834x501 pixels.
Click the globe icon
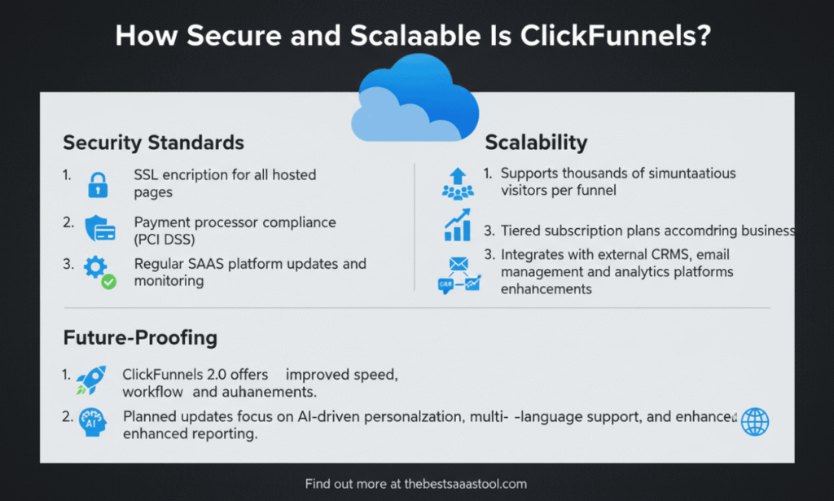tap(755, 422)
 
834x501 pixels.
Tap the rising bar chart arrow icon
tap(457, 225)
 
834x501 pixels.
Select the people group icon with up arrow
tap(457, 183)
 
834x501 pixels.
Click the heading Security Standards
tap(153, 143)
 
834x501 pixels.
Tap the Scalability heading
tap(536, 143)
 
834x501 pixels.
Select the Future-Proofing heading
tap(141, 337)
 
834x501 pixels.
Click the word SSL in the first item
tap(147, 175)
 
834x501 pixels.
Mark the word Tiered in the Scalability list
tap(521, 231)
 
